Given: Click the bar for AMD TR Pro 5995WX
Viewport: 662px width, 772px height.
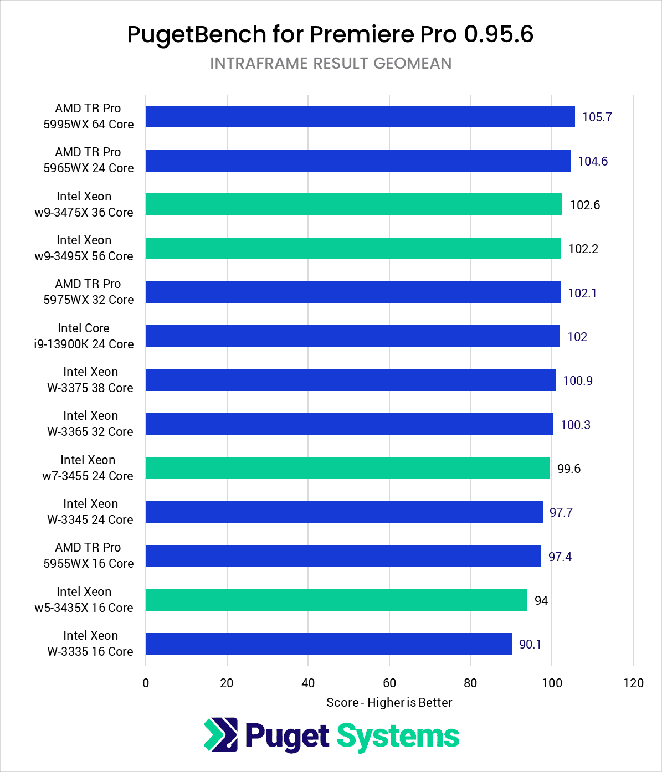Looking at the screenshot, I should [360, 117].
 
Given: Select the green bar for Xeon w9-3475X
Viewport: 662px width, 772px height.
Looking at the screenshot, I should [354, 205].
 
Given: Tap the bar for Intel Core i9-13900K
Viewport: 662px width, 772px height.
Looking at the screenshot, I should [353, 337].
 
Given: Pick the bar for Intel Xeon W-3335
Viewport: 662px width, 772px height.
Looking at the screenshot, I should [329, 644].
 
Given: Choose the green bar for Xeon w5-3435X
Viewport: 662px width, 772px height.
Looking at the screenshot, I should [336, 600].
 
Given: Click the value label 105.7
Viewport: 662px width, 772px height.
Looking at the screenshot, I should [597, 117].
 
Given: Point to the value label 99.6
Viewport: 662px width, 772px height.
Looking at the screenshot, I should [568, 469].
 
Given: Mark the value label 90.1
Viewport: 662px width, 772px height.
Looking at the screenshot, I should [530, 645].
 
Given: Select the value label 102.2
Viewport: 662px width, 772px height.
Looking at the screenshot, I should [583, 249].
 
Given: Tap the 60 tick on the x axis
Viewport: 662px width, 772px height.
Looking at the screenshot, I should [389, 683].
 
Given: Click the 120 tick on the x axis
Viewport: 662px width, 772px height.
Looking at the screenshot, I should [633, 683].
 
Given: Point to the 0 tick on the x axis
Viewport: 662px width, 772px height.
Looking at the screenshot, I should [146, 683].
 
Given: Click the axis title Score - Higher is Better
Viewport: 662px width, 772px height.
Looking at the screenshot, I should [389, 703].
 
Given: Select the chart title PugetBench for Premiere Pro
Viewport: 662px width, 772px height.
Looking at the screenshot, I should [330, 34].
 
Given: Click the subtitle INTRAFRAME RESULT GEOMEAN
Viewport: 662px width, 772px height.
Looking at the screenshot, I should [331, 64].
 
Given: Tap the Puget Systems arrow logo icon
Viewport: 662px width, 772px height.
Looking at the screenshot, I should [221, 735].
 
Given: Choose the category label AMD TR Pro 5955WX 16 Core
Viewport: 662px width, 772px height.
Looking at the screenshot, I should [89, 555].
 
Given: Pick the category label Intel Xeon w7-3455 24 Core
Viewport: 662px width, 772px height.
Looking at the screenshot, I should [88, 468].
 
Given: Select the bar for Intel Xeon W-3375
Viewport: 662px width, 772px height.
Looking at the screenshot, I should [351, 380].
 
